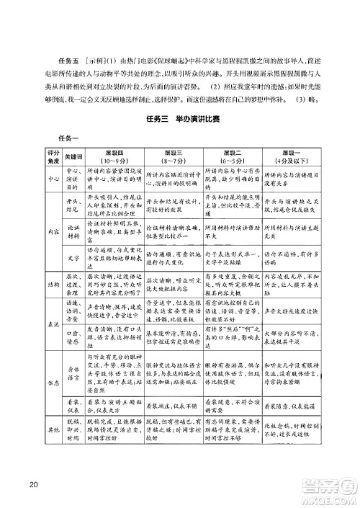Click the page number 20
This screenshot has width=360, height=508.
point(32,482)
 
